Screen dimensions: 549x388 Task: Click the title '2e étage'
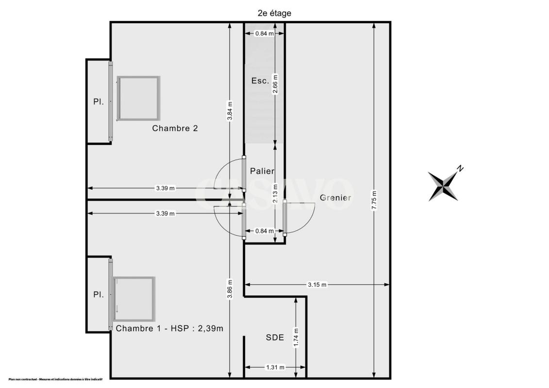click(275, 13)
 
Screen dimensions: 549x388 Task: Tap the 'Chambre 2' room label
click(175, 129)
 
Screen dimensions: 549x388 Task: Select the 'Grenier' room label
click(335, 198)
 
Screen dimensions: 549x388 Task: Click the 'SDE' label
click(275, 338)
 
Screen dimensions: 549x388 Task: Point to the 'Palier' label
click(262, 171)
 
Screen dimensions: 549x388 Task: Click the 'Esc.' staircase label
click(261, 81)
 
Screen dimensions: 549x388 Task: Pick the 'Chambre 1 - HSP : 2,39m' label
click(169, 328)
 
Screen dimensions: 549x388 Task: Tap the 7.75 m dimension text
click(374, 200)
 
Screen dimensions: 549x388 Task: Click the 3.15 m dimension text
click(317, 285)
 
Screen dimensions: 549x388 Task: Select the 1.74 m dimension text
click(296, 338)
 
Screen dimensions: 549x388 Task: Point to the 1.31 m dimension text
click(275, 367)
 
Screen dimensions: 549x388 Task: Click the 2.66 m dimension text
click(275, 84)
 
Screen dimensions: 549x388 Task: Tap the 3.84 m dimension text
click(230, 111)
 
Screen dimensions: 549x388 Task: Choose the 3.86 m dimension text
click(230, 289)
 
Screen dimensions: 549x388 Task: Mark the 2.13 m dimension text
click(275, 194)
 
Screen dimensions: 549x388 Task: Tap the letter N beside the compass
click(460, 169)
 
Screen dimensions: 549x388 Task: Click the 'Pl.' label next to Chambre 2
click(99, 102)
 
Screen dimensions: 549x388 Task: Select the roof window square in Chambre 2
click(139, 98)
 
